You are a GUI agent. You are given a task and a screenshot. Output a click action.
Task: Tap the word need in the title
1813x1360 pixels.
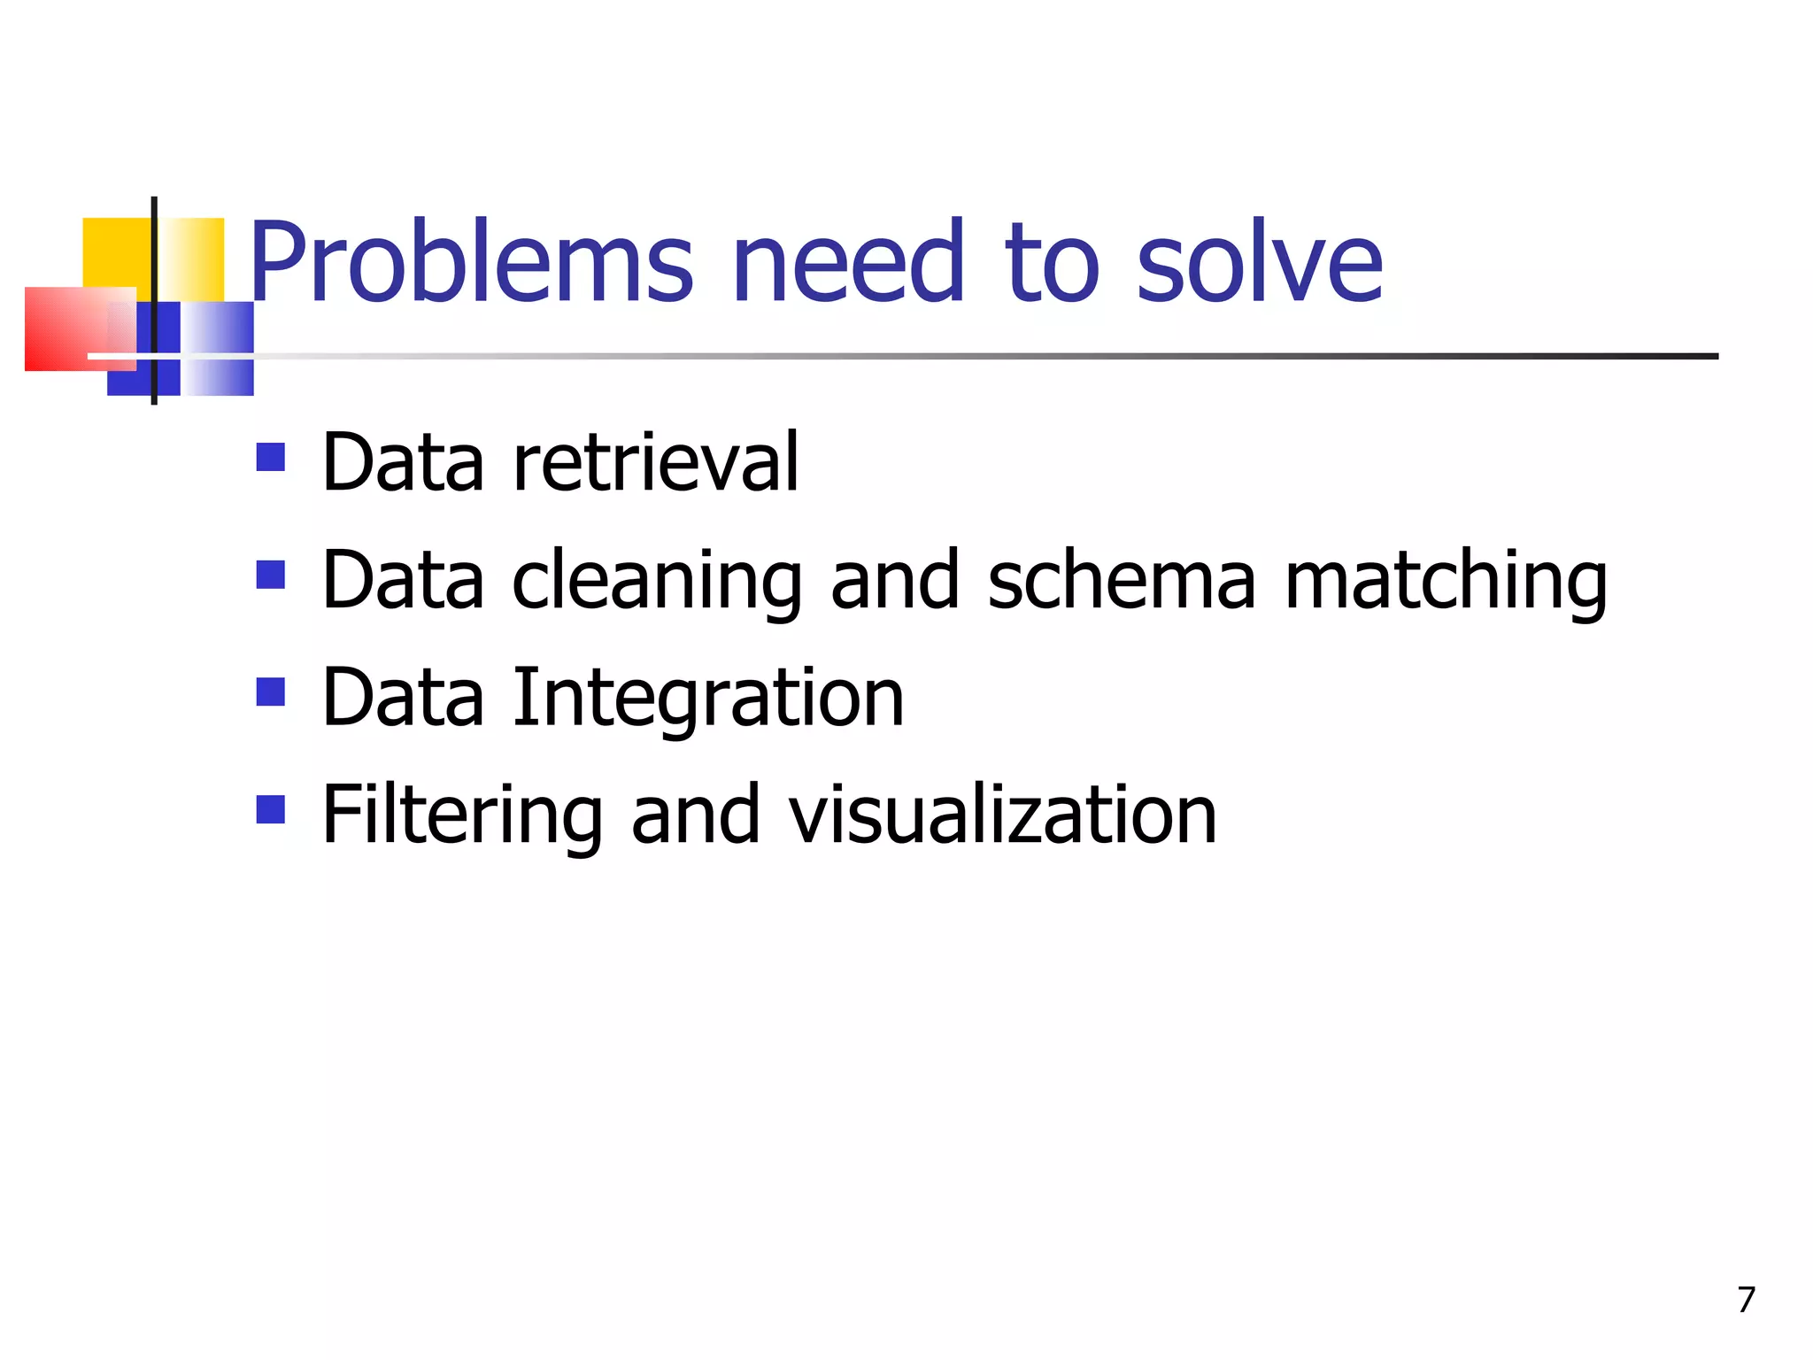848,263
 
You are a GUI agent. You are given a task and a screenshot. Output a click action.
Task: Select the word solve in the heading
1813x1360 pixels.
1259,263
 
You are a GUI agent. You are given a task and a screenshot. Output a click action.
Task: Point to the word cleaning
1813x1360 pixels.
657,581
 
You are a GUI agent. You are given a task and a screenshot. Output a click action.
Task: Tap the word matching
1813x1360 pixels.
1446,581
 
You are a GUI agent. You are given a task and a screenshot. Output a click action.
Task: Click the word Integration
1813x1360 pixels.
708,699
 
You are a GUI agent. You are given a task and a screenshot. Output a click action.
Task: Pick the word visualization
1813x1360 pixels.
1002,815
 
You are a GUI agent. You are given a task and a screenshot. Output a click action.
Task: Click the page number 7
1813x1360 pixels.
1746,1300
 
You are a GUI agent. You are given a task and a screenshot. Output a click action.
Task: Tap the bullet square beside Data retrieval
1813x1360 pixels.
271,457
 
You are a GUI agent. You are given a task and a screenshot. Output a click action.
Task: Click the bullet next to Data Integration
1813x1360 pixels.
271,692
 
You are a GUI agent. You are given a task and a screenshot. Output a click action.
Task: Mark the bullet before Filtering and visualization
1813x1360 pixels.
271,809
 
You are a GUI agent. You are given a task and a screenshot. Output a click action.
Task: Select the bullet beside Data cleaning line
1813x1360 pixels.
271,575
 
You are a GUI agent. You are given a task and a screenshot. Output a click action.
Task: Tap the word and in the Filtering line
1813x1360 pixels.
696,815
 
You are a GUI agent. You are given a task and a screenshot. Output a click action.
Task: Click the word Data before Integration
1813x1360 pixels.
403,699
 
